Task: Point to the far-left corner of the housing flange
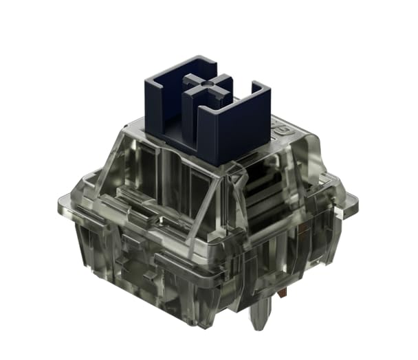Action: tap(60, 203)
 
